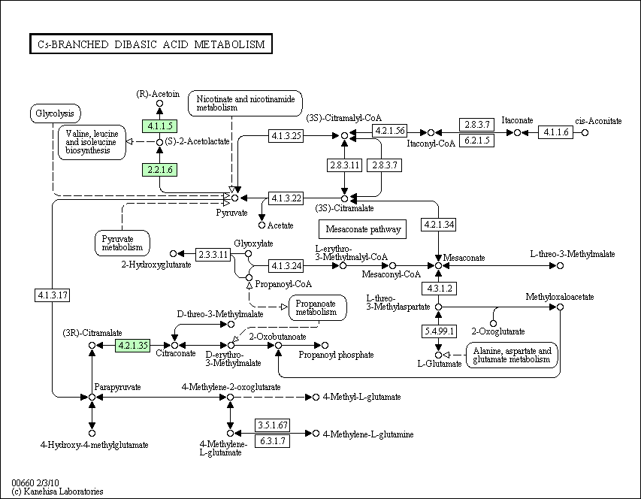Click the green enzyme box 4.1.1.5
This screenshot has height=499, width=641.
point(159,126)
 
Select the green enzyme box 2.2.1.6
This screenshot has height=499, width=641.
point(159,170)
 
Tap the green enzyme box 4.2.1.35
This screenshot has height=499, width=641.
point(132,346)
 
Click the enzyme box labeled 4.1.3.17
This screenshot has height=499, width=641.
point(53,295)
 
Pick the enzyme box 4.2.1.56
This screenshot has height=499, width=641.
point(390,131)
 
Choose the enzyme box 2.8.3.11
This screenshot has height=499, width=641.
point(345,165)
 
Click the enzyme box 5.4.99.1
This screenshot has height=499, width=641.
point(439,331)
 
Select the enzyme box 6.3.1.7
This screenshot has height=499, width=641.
point(273,441)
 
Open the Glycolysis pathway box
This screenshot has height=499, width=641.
point(55,113)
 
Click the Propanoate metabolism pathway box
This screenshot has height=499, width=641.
point(318,307)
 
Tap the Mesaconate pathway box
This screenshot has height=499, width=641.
point(363,229)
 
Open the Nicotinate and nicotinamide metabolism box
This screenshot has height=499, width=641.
point(245,104)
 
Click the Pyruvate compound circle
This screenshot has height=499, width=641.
point(234,198)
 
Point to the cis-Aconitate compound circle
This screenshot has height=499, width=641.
point(585,132)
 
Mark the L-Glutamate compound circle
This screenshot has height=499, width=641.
point(438,355)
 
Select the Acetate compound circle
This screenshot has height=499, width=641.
point(262,225)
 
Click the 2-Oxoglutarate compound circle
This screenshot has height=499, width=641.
point(494,324)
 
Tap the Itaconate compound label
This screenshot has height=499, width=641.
point(517,120)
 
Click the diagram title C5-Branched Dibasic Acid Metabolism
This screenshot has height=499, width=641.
point(151,44)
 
